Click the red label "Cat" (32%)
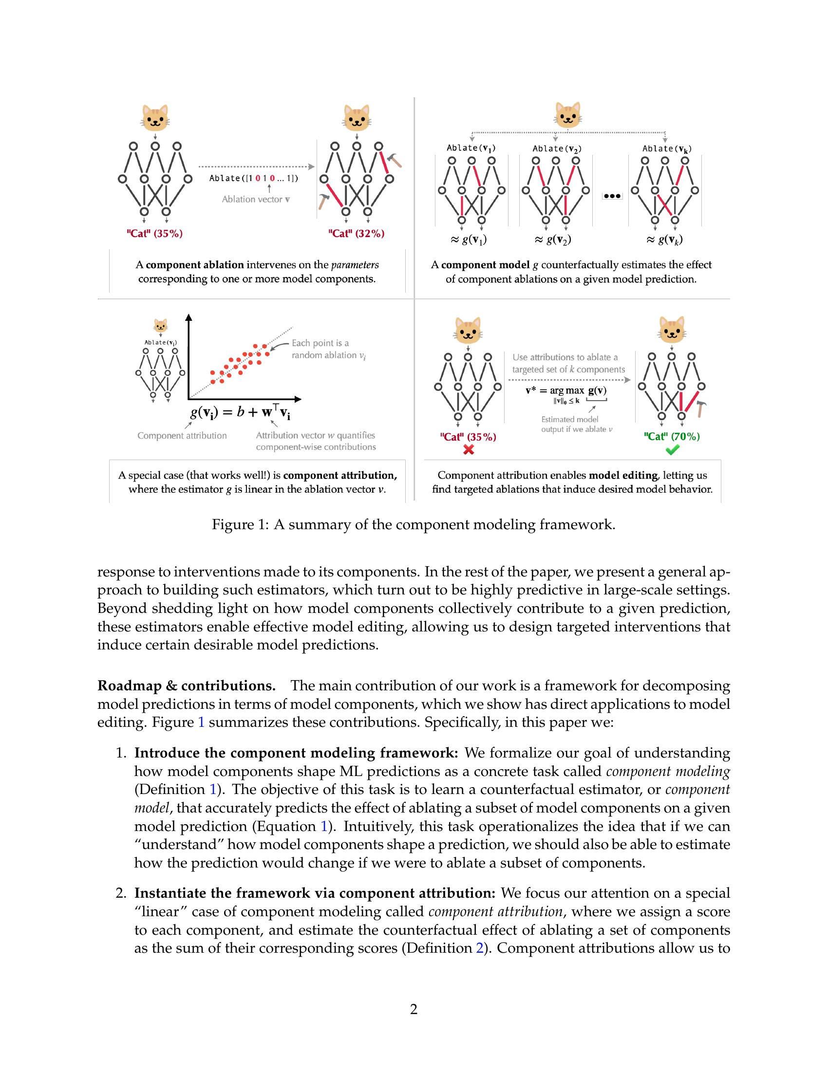(356, 234)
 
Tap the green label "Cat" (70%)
(672, 437)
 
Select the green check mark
(672, 449)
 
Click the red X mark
(469, 449)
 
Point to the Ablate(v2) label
(557, 149)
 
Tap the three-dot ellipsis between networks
(612, 196)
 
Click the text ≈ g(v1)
(468, 240)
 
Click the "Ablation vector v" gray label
(256, 200)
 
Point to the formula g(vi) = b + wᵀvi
(240, 412)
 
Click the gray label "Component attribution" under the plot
(182, 436)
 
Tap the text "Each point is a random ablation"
(327, 349)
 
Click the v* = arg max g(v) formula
(565, 391)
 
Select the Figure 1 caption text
(414, 525)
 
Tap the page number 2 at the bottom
(414, 1009)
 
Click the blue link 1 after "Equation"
(323, 826)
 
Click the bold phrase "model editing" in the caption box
(622, 475)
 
